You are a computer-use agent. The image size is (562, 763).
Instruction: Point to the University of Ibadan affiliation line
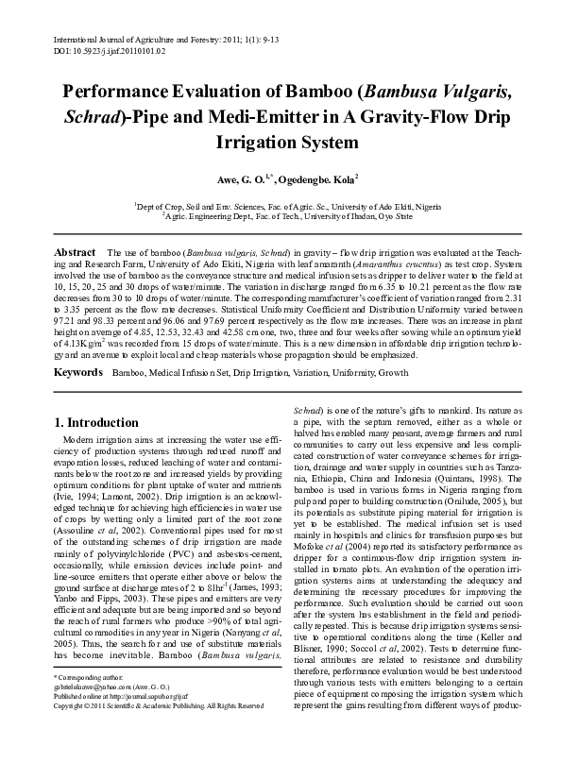click(287, 214)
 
